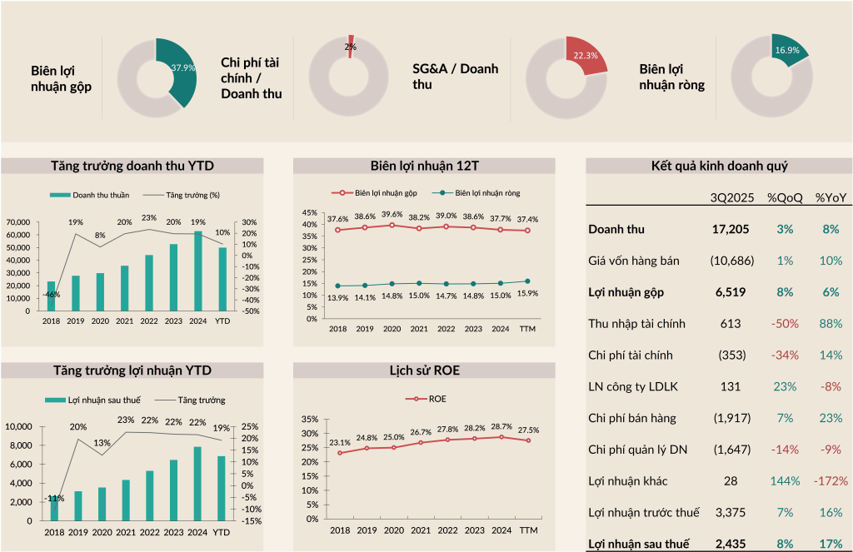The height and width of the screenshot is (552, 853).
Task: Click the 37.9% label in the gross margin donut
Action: coord(183,67)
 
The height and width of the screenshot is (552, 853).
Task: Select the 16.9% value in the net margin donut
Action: coord(787,50)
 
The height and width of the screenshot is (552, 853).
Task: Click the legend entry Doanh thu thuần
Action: coord(90,195)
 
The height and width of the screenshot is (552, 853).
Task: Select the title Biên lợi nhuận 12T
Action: coord(424,165)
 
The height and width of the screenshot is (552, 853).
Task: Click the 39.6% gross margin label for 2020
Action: coord(392,214)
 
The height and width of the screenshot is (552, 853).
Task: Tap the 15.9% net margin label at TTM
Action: coord(527,293)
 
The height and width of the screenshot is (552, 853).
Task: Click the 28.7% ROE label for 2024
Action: coord(501,425)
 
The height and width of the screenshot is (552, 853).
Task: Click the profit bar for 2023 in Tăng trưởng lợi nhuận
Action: coord(174,490)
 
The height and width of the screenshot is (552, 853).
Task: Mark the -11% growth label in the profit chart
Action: coord(54,498)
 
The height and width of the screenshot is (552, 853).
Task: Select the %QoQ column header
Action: coord(785,197)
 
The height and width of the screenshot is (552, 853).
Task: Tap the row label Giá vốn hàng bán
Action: coord(633,261)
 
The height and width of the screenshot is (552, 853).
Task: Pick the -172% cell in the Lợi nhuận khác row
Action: coord(831,481)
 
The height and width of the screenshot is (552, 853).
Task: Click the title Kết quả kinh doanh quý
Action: coord(719,166)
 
